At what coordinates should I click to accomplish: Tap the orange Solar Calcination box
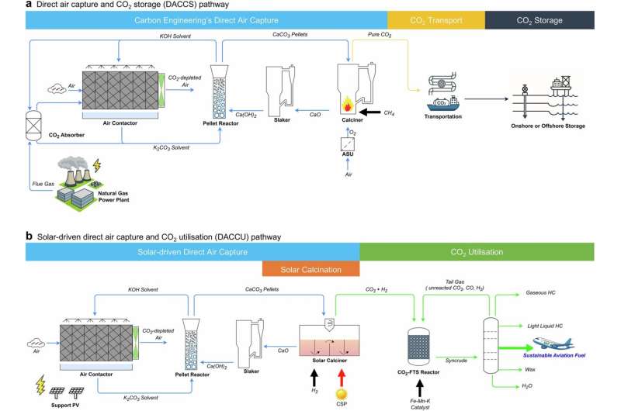coord(310,268)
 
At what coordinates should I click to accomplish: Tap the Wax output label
coord(531,370)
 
